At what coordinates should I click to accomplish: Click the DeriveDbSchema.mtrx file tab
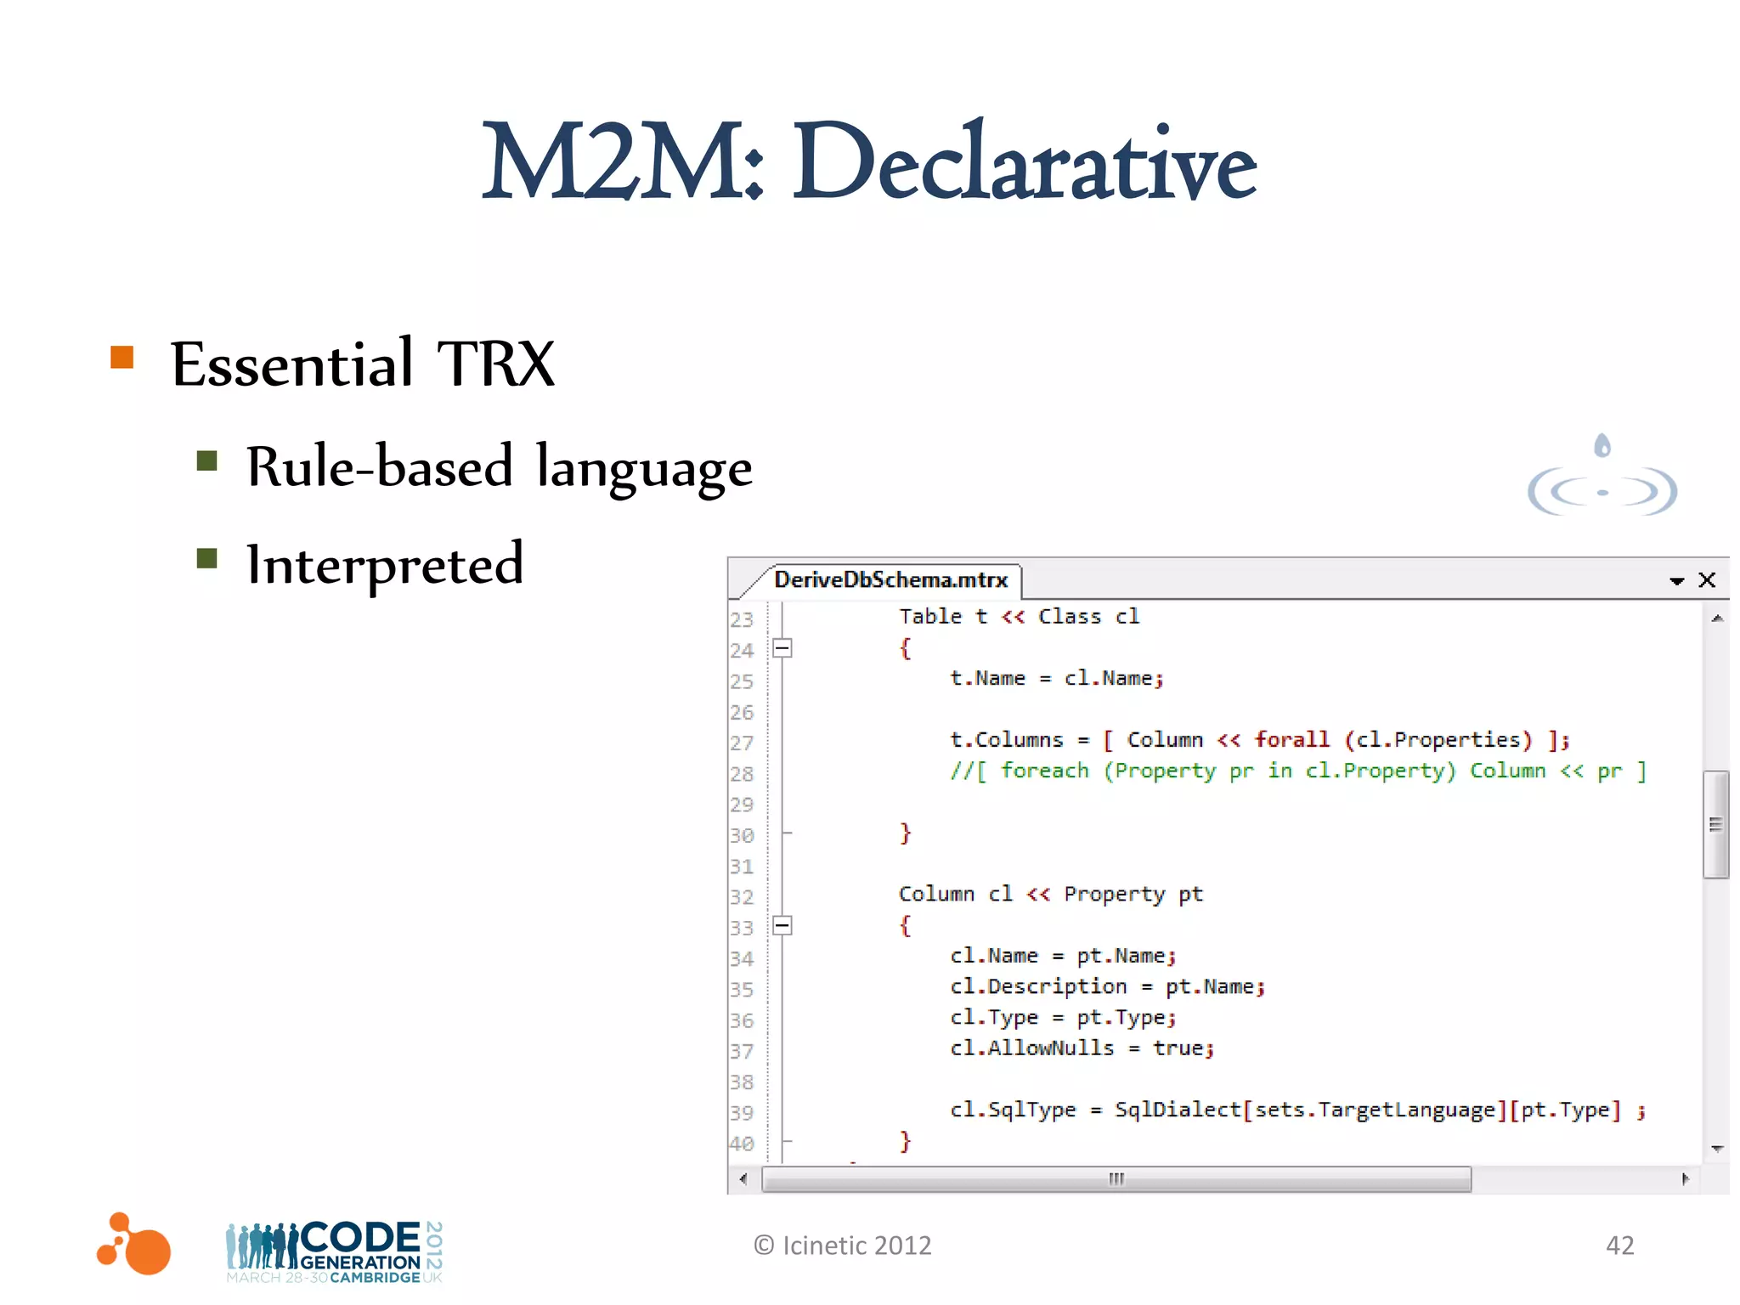coord(890,580)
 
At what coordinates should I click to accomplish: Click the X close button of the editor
coord(1707,580)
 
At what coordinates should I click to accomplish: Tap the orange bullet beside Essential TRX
coord(122,357)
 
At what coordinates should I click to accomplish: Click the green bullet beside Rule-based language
coord(206,460)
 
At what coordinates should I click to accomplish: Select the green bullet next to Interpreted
coord(206,558)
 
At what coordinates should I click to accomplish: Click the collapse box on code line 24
coord(782,648)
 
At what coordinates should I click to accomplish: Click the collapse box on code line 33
coord(782,925)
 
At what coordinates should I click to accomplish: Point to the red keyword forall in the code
coord(1291,739)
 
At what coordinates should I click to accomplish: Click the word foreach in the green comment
coord(1044,771)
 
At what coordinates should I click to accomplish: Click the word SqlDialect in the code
coord(1178,1110)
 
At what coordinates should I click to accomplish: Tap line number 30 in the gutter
coord(742,836)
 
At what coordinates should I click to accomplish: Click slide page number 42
coord(1619,1246)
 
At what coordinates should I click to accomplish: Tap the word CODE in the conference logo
coord(360,1237)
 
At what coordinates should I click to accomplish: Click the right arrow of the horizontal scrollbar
coord(1686,1179)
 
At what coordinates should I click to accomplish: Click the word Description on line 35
coord(1057,987)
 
